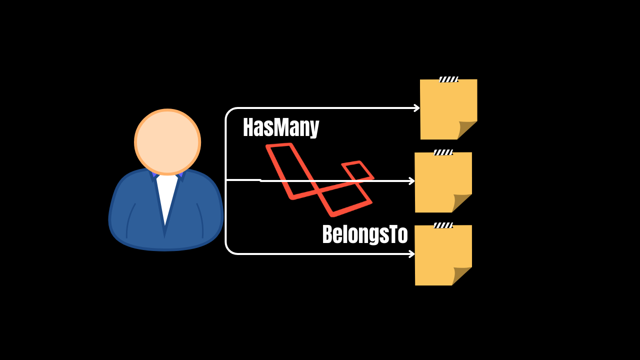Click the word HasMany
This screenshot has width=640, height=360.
[x=280, y=127]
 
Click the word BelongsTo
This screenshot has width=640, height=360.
[x=365, y=234]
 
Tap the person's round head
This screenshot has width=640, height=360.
[x=167, y=142]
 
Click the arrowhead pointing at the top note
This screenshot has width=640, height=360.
[x=417, y=108]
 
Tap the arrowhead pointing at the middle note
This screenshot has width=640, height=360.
[x=412, y=181]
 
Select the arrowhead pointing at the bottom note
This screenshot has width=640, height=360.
[x=412, y=254]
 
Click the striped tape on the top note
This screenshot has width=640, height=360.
[x=448, y=79]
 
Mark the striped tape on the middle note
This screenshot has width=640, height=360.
[x=443, y=152]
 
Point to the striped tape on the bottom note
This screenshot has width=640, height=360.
[x=443, y=225]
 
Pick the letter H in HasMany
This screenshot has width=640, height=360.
[x=248, y=127]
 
